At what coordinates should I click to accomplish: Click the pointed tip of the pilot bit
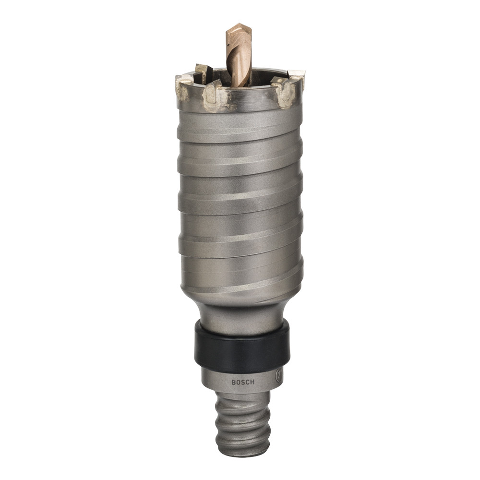[240, 24]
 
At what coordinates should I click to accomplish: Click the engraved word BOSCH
[243, 383]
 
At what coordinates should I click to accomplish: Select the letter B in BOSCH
[233, 382]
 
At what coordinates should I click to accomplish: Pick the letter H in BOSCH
[252, 383]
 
